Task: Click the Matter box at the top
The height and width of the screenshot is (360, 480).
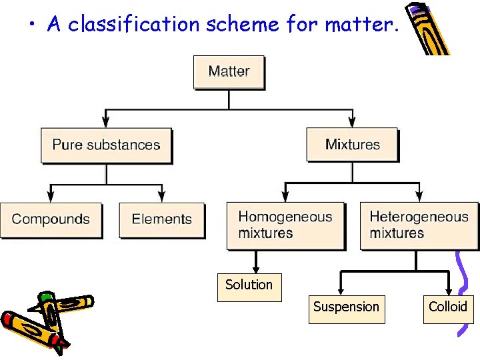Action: pyautogui.click(x=229, y=72)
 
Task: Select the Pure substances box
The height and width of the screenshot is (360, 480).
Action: pyautogui.click(x=106, y=145)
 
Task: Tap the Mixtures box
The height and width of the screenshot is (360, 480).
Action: pyautogui.click(x=352, y=145)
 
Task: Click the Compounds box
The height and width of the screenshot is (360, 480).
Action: pyautogui.click(x=51, y=220)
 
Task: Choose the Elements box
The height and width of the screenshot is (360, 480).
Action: pyautogui.click(x=161, y=220)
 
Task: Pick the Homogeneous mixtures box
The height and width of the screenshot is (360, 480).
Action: pyautogui.click(x=285, y=225)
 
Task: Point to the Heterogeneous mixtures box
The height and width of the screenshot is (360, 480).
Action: pyautogui.click(x=419, y=225)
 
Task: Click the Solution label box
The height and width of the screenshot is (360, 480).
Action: pyautogui.click(x=249, y=286)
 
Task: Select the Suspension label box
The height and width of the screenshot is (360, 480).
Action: pyautogui.click(x=346, y=308)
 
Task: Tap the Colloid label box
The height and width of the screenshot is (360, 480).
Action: pyautogui.click(x=448, y=307)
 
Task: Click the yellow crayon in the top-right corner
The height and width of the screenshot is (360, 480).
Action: pyautogui.click(x=427, y=30)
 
